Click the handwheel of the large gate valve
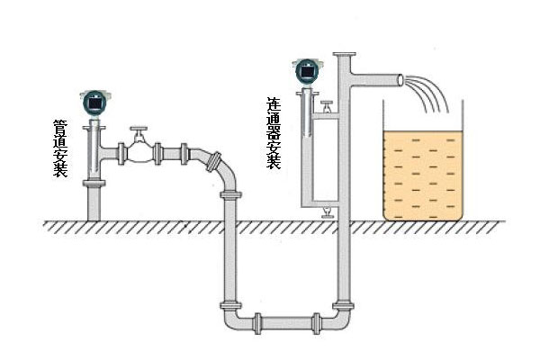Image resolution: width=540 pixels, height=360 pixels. coord(138,133)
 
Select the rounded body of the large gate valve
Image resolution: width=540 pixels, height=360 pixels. coord(138,153)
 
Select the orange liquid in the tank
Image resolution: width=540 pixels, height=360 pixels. coord(421,175)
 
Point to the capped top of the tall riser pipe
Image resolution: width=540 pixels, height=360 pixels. coord(342,56)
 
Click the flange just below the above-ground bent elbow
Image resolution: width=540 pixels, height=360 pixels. coord(231,194)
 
